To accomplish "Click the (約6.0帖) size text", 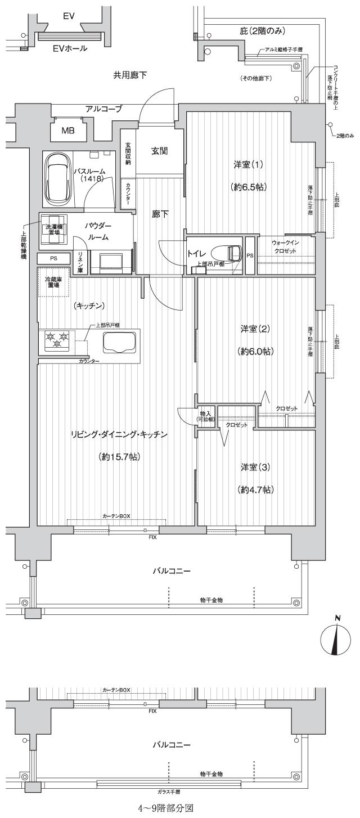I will pos(254,351).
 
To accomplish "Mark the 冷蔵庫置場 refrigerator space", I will pos(53,284).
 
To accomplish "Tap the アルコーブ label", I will pos(103,109).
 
